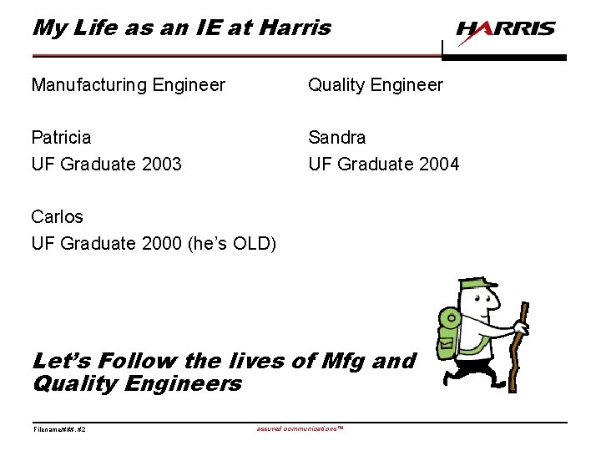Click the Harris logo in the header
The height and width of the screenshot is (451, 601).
[505, 30]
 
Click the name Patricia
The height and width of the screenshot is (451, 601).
[61, 137]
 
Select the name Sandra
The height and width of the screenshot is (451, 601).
[337, 137]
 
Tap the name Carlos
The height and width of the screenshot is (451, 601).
[57, 217]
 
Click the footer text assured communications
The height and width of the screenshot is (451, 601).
[300, 428]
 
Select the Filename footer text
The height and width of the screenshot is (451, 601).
[59, 429]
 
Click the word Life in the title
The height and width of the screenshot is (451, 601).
[97, 28]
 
